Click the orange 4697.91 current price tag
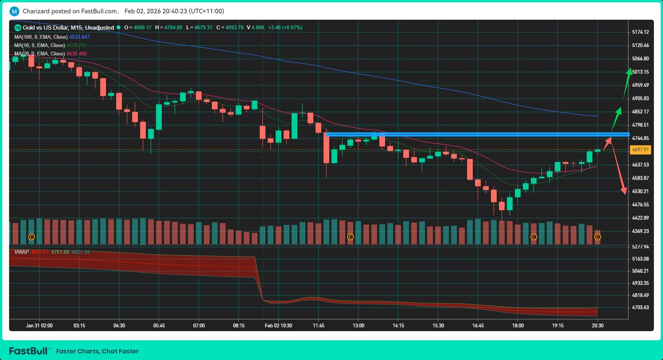[x=640, y=150]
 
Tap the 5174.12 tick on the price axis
[x=640, y=32]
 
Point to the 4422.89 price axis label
[x=640, y=218]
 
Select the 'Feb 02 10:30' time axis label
[x=278, y=325]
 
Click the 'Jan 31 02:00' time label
[x=39, y=325]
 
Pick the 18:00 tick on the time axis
[x=518, y=325]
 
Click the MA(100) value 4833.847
[x=79, y=37]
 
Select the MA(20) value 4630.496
[x=77, y=54]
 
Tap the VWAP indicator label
[x=21, y=252]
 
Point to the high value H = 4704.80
[x=169, y=27]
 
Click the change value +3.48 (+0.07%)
[x=285, y=27]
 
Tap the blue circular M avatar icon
[x=14, y=11]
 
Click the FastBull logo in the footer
[x=30, y=351]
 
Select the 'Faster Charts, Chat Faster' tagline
[x=97, y=351]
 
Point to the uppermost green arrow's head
[x=629, y=71]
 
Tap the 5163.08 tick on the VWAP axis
[x=640, y=259]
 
